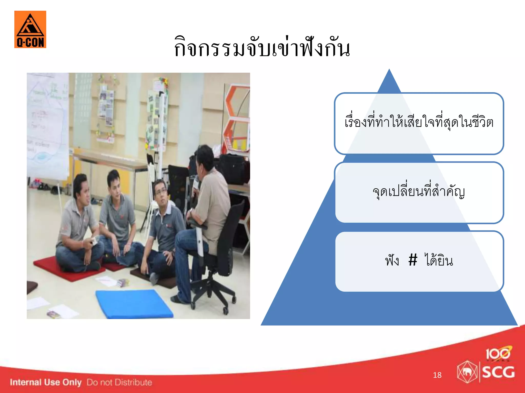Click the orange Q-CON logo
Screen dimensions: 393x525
coord(30,29)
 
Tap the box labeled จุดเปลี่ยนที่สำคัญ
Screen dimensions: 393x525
coord(419,192)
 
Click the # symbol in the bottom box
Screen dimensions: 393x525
coord(413,260)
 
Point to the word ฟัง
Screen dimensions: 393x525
coord(392,260)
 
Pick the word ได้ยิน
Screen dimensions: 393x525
coord(439,260)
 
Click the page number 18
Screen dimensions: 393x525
coord(437,375)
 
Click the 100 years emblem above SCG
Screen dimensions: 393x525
coord(498,354)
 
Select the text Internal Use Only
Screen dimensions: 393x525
coord(46,382)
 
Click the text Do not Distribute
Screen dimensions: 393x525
coord(119,382)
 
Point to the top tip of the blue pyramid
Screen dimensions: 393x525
coord(389,70)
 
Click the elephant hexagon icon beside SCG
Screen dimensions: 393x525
coord(467,372)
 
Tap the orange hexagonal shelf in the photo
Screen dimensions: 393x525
coord(237,115)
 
